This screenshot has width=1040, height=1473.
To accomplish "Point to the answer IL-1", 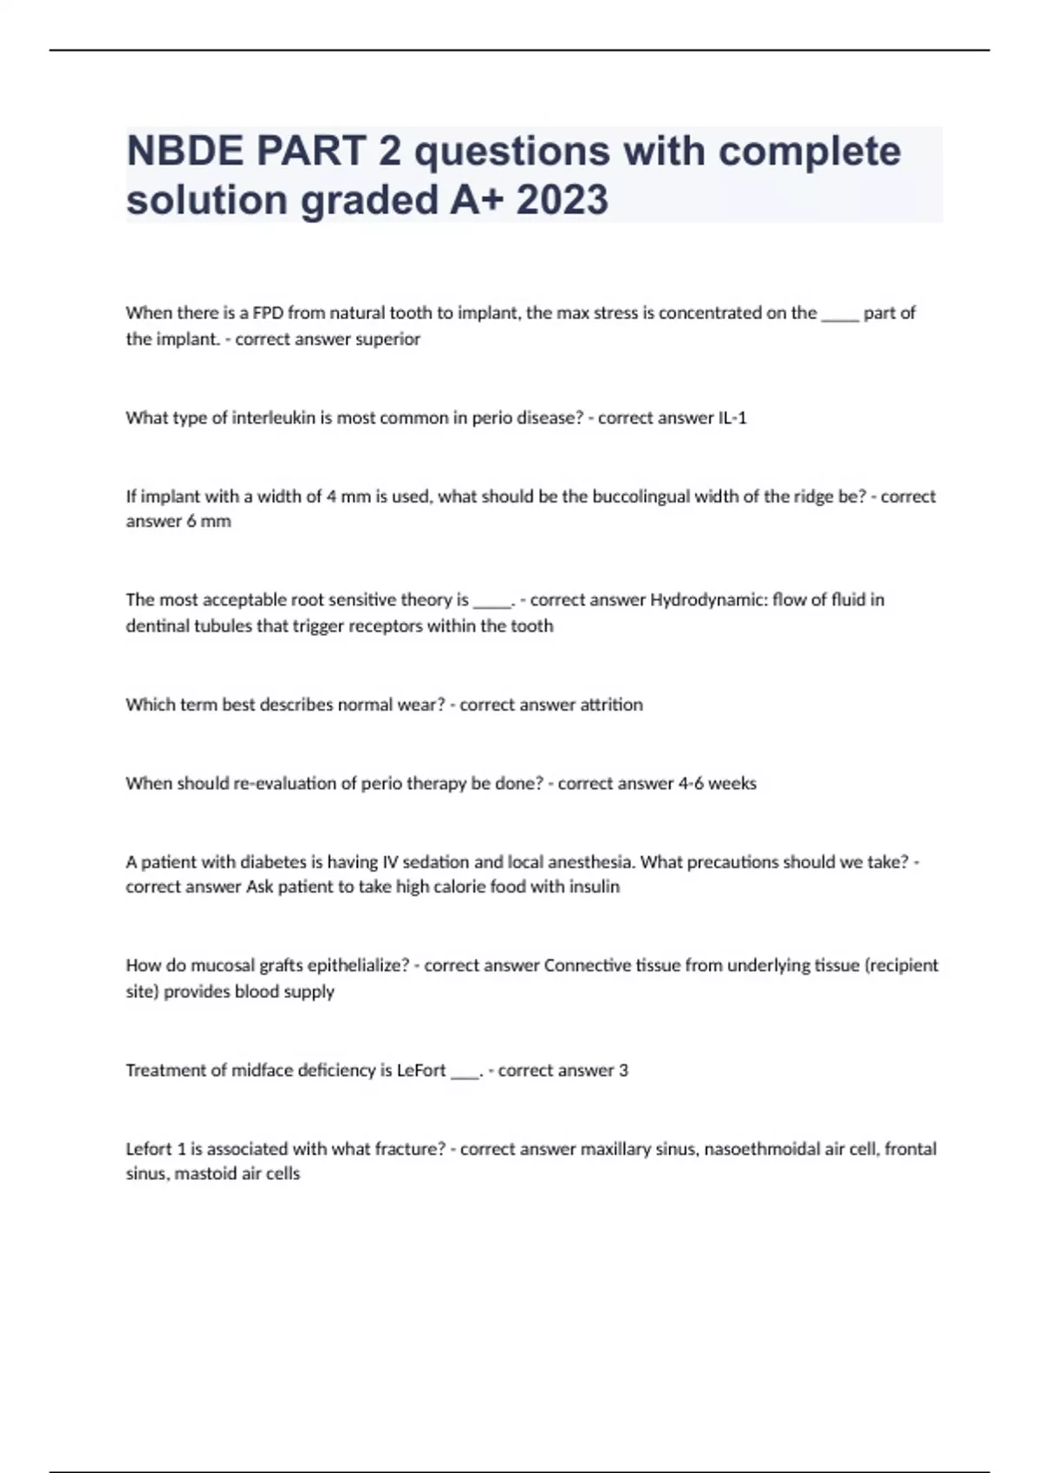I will (732, 418).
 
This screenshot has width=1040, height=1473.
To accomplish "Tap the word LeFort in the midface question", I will (421, 1070).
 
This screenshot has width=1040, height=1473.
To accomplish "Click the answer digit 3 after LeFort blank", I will (623, 1070).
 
